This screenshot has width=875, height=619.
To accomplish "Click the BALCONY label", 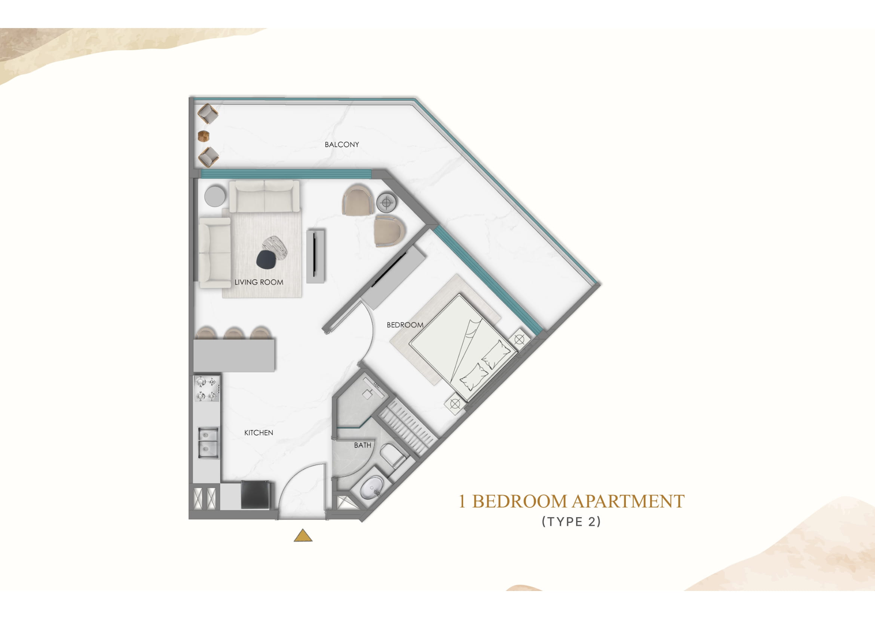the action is tap(342, 144).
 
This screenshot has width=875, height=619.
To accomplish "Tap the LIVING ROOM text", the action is tap(259, 283).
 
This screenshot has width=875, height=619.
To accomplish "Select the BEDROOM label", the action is tap(405, 325).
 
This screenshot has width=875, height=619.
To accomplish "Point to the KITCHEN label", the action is tap(258, 433).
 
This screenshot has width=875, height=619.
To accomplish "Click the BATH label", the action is tap(362, 445).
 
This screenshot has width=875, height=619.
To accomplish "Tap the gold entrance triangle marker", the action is tap(303, 536).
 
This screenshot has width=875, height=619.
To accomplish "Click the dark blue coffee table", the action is tap(266, 260).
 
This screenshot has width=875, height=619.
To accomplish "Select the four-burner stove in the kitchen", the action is tap(207, 388).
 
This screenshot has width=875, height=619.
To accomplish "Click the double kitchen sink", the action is tap(208, 443).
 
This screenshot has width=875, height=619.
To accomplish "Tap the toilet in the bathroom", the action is tap(392, 455).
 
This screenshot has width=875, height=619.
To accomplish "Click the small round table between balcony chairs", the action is tap(204, 136).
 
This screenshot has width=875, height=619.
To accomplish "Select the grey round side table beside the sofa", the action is tap(215, 196).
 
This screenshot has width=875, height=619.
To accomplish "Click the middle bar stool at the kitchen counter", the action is tap(233, 333).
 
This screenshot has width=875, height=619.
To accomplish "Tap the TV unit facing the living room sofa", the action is tap(316, 256).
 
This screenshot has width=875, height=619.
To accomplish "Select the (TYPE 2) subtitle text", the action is tap(571, 522).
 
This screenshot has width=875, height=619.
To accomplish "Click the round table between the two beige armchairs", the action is tap(386, 202).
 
